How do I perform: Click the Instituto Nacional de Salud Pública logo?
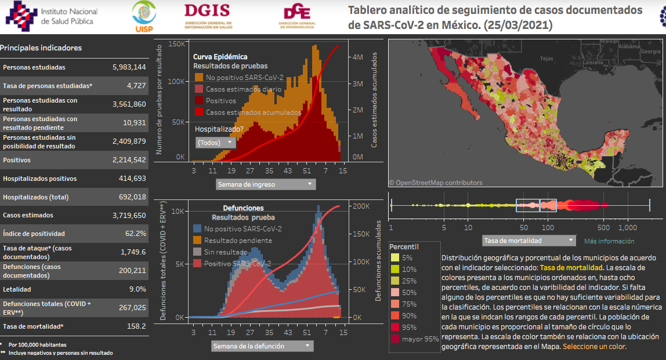[52, 16]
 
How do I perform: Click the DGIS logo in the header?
[207, 16]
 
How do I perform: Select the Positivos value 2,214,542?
[129, 160]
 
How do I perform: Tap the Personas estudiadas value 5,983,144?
[129, 67]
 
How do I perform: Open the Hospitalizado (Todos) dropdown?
[215, 142]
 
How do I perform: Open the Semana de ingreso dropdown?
[266, 184]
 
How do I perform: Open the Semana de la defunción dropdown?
[262, 346]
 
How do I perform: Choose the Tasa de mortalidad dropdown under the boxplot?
[529, 241]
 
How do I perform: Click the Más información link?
[609, 241]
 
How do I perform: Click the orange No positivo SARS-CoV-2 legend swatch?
[199, 78]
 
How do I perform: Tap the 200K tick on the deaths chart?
[361, 206]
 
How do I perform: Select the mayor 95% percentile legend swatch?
[394, 339]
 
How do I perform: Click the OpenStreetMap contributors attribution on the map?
[435, 183]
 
